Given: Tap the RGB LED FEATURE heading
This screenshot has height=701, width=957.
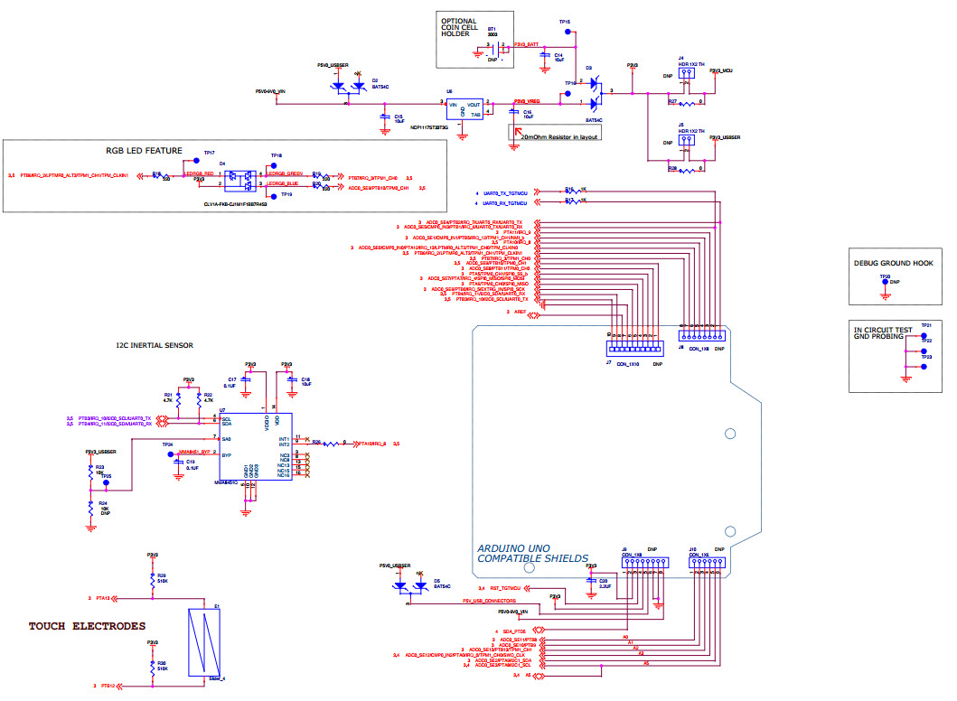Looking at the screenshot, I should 144,151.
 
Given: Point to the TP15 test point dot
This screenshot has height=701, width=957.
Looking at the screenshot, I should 568,32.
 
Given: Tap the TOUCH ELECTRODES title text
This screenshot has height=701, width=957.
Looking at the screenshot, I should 87,626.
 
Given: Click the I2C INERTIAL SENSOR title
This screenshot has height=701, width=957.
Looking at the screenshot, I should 154,345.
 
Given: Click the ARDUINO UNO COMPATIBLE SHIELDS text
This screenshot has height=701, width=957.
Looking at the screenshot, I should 533,553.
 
